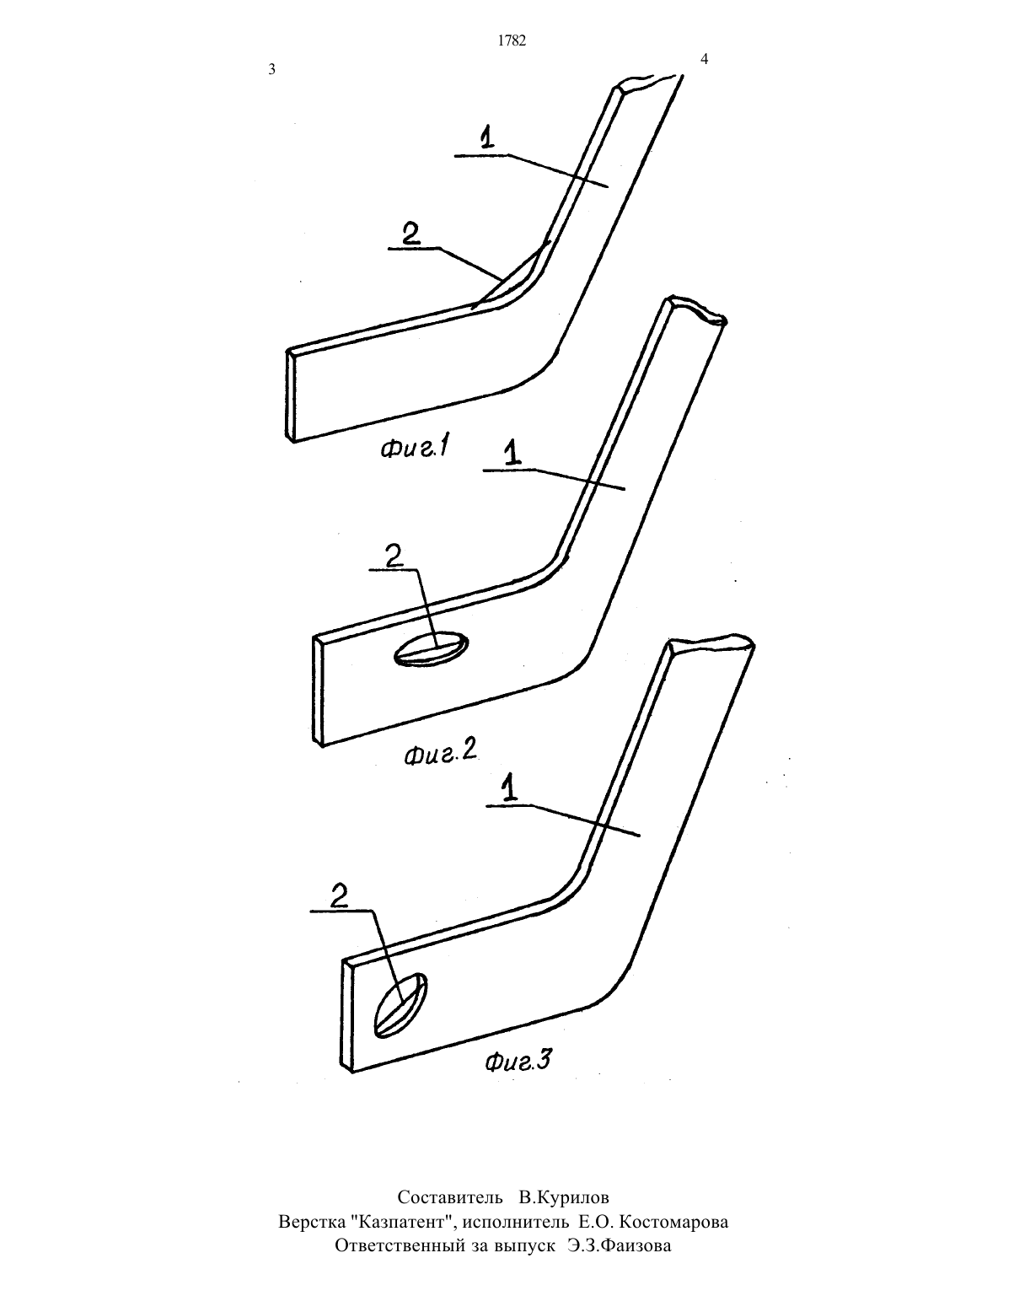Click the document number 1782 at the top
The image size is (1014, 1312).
coord(512,40)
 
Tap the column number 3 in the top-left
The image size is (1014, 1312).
coord(271,69)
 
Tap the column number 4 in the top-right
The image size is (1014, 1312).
coord(704,59)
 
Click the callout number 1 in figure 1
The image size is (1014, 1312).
coord(486,137)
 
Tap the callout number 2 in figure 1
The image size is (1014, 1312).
coord(411,234)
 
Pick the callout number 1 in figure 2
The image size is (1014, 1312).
coord(512,452)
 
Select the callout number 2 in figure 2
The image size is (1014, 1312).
coord(394,556)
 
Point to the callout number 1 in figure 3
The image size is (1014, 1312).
coord(510,789)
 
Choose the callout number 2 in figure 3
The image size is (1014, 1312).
coord(339,897)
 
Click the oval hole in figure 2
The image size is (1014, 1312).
coord(431,649)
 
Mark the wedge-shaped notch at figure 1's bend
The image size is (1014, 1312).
coord(513,277)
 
